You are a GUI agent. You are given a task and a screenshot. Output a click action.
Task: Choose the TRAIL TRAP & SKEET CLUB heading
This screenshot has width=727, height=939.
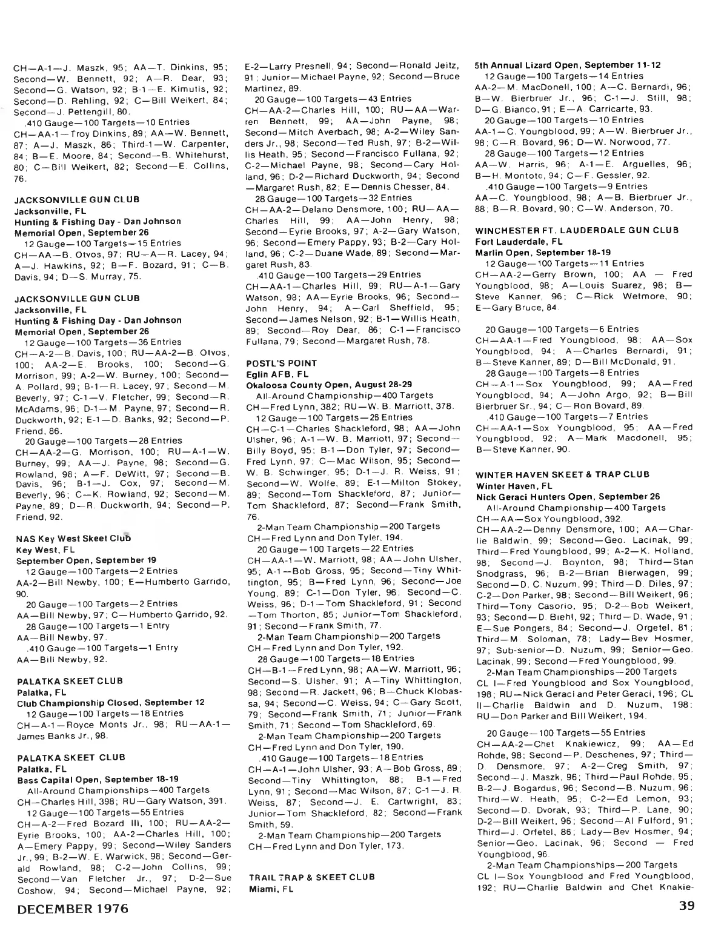(x=311, y=877)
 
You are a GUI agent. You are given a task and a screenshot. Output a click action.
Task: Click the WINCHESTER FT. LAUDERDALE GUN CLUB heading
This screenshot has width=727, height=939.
(x=577, y=230)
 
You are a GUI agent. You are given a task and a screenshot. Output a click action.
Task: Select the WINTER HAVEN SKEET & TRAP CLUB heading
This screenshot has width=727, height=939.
(x=562, y=474)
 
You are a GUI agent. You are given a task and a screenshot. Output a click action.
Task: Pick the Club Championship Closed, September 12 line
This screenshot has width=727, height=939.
(x=110, y=703)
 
